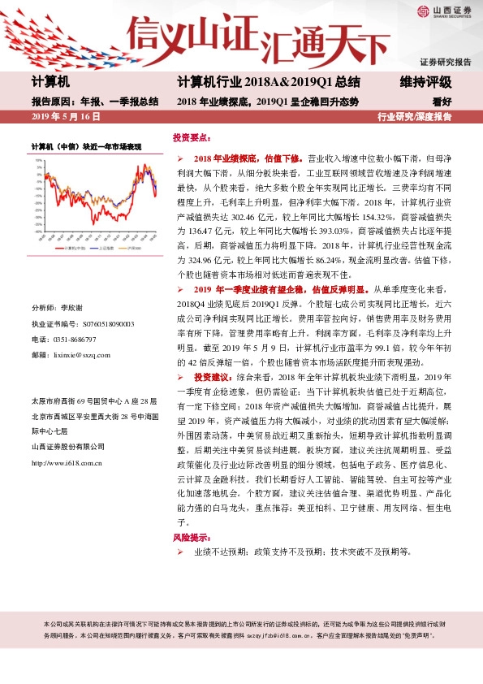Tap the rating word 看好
click(442, 102)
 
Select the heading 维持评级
click(426, 83)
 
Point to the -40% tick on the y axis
click(38, 231)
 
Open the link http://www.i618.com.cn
click(66, 463)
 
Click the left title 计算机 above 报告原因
click(50, 83)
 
